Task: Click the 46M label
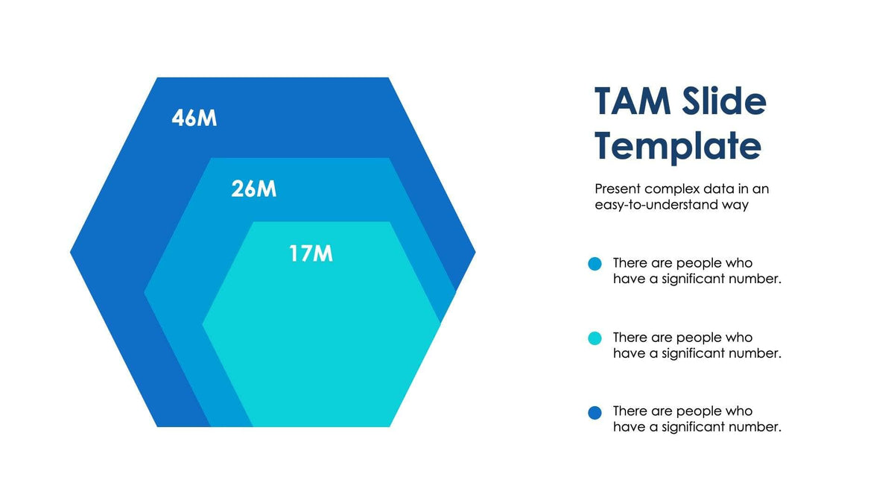pos(194,118)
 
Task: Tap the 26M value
pos(253,189)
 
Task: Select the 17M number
pos(311,254)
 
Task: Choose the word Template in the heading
pos(677,145)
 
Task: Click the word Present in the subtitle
pos(618,189)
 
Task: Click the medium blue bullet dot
pos(595,264)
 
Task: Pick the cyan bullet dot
pos(595,338)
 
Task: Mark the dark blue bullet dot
pos(595,412)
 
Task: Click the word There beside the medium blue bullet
pos(630,262)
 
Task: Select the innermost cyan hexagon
pos(320,343)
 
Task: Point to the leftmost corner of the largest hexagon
pos(72,253)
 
